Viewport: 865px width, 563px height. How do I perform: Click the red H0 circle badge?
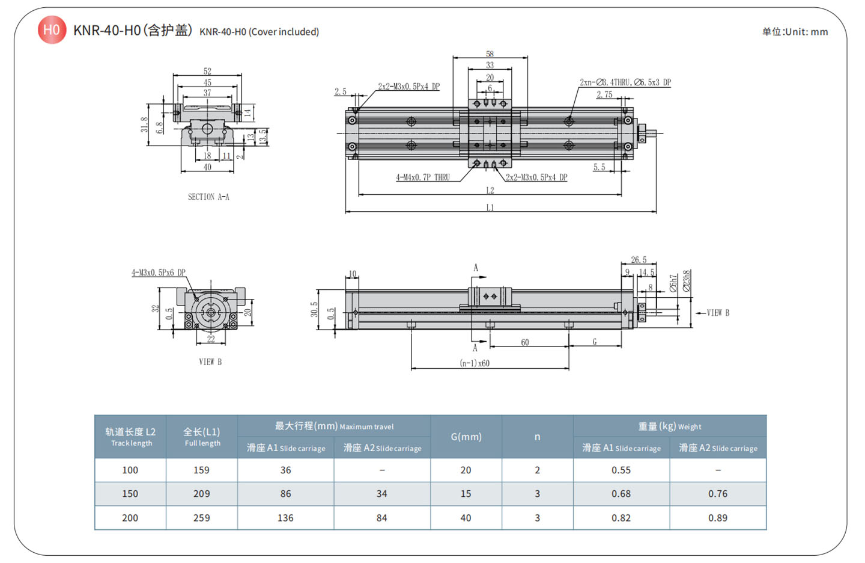point(52,29)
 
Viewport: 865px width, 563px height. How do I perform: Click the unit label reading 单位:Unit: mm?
point(794,32)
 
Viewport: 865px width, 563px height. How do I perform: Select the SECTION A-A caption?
point(208,197)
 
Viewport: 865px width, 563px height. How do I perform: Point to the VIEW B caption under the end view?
point(210,361)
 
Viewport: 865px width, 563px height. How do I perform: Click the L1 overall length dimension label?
point(490,208)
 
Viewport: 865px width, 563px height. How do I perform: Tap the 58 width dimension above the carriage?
point(490,54)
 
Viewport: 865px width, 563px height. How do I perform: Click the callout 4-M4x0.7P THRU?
point(423,177)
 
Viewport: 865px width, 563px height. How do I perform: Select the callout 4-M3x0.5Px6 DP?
point(159,272)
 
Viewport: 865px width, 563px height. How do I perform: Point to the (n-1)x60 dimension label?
point(475,363)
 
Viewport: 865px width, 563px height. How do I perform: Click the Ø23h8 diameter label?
point(687,281)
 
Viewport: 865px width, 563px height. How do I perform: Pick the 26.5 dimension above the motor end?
point(639,260)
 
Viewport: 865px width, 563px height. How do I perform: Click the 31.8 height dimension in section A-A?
point(144,125)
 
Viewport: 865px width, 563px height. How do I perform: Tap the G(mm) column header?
point(466,437)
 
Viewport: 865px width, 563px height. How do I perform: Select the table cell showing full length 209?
point(202,494)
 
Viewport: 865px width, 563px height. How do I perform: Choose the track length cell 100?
point(130,470)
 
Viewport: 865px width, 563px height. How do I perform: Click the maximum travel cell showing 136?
point(285,518)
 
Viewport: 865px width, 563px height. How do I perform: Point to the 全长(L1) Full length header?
point(202,437)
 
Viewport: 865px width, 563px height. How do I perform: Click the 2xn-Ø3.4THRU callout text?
point(625,82)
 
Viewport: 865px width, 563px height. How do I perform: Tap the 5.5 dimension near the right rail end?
point(599,167)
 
